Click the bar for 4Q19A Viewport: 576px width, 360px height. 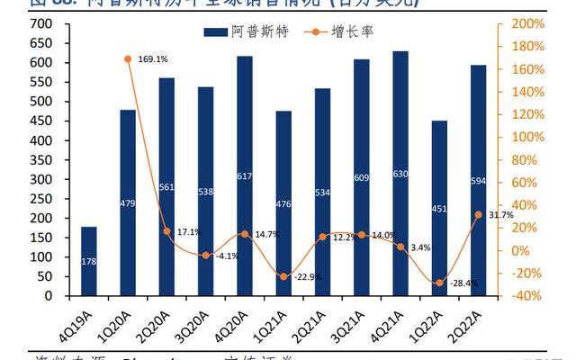click(88, 261)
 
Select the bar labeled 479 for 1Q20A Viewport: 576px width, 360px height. click(128, 202)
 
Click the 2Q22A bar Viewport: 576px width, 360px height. click(478, 180)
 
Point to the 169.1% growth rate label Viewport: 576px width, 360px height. click(153, 59)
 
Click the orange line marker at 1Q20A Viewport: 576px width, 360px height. click(129, 59)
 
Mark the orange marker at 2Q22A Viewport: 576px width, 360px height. click(478, 214)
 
